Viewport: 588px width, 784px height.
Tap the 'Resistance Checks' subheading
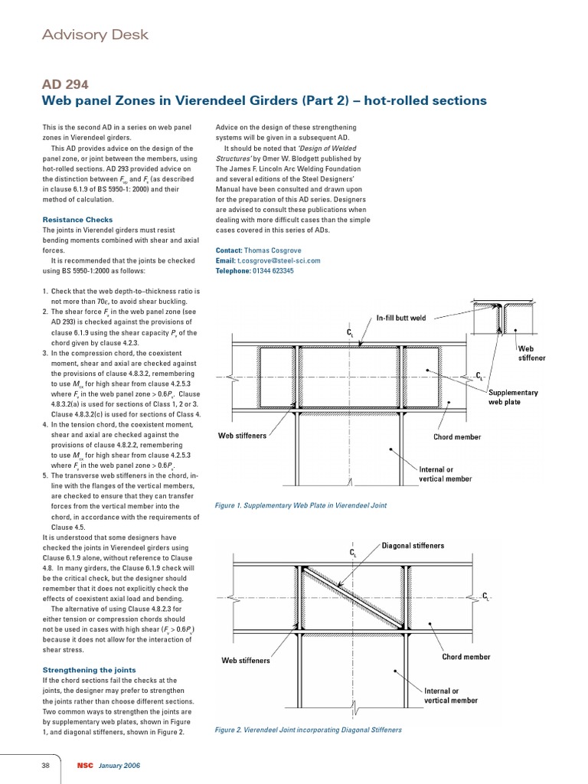pos(77,220)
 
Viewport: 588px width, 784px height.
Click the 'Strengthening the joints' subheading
pos(88,670)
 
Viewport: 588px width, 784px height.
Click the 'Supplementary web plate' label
pos(513,397)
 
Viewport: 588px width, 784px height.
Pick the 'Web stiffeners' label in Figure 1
pos(243,436)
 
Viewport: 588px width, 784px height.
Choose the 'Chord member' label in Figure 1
pos(457,437)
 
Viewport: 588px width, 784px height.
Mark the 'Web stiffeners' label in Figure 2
pos(246,659)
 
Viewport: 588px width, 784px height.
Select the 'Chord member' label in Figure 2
pos(466,656)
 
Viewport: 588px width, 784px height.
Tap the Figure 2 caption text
pos(309,730)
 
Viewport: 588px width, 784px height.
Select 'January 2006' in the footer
pos(119,766)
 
